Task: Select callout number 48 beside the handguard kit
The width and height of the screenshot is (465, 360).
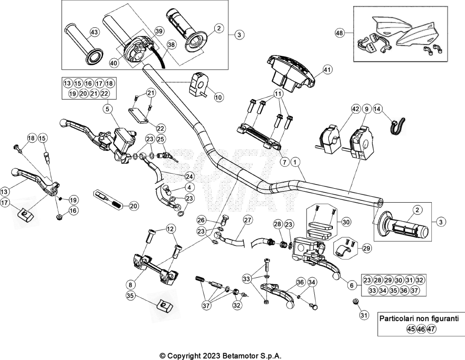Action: (x=340, y=33)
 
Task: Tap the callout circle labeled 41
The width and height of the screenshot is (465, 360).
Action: (x=327, y=70)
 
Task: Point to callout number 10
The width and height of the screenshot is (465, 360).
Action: (x=219, y=97)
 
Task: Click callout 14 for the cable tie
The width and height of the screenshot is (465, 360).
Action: (x=377, y=109)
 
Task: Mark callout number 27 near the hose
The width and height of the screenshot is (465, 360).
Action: (x=247, y=220)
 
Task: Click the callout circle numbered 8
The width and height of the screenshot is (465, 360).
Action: (x=130, y=285)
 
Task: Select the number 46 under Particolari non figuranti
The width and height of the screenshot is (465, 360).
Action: (x=421, y=329)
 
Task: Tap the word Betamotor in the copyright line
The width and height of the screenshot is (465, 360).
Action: (x=243, y=355)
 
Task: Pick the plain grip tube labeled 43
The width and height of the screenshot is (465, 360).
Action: (x=84, y=44)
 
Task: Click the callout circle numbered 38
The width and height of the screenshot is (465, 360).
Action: (x=171, y=45)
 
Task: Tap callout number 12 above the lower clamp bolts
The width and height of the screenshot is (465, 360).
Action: (x=171, y=229)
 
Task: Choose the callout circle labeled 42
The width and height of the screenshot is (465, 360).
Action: (x=355, y=109)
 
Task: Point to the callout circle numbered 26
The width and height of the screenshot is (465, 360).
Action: (x=201, y=220)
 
